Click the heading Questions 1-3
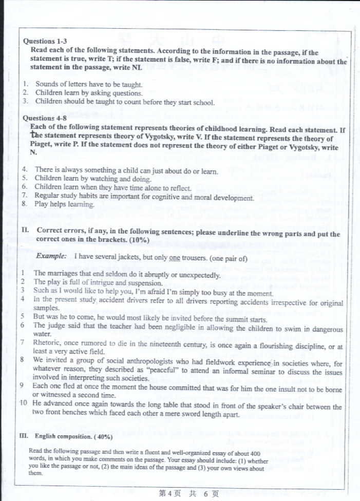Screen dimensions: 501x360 (x=45, y=41)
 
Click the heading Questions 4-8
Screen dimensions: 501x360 (x=45, y=118)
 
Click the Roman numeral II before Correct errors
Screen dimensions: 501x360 (x=25, y=230)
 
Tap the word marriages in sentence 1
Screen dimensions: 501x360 (x=63, y=274)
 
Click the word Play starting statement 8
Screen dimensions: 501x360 (x=42, y=204)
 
